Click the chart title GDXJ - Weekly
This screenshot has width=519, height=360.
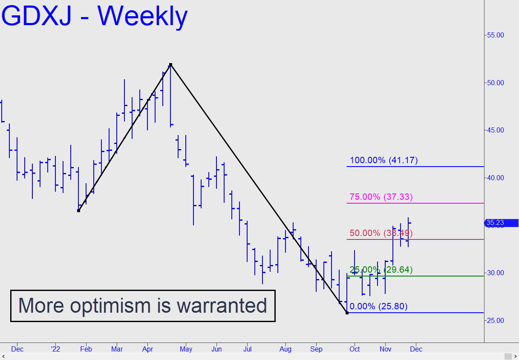tap(95, 16)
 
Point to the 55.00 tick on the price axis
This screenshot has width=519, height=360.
tap(496, 35)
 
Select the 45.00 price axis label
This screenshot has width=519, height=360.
tap(496, 130)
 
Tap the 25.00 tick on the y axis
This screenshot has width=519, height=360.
tap(496, 320)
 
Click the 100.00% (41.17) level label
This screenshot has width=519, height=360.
tap(383, 161)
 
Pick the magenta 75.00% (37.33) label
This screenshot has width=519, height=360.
tap(381, 197)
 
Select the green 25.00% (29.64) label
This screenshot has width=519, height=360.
tap(381, 270)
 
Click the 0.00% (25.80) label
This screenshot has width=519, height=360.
tap(378, 306)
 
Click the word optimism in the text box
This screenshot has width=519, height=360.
tap(115, 305)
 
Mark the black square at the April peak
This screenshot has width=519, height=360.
tap(170, 65)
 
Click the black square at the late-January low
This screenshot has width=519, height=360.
tap(79, 210)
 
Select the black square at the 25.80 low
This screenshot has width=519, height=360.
tap(347, 313)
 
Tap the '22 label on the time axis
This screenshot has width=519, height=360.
tap(55, 349)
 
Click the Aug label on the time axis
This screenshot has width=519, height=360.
tap(285, 349)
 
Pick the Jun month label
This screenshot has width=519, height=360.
tap(216, 349)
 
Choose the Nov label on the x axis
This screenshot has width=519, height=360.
tap(385, 349)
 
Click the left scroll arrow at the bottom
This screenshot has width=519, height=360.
tap(3, 356)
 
